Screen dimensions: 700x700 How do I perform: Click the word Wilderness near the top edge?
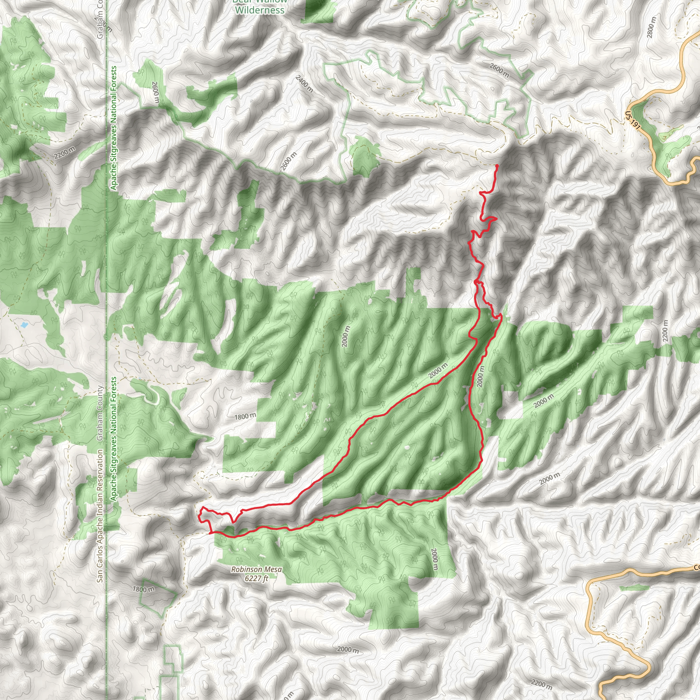[x=260, y=10]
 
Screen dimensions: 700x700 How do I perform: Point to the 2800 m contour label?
[x=651, y=28]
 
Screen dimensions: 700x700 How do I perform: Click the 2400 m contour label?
[x=304, y=83]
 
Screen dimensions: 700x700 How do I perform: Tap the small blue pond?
[x=24, y=325]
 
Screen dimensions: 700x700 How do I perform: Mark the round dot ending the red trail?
[x=497, y=165]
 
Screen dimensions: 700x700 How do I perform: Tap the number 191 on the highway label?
[x=634, y=122]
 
